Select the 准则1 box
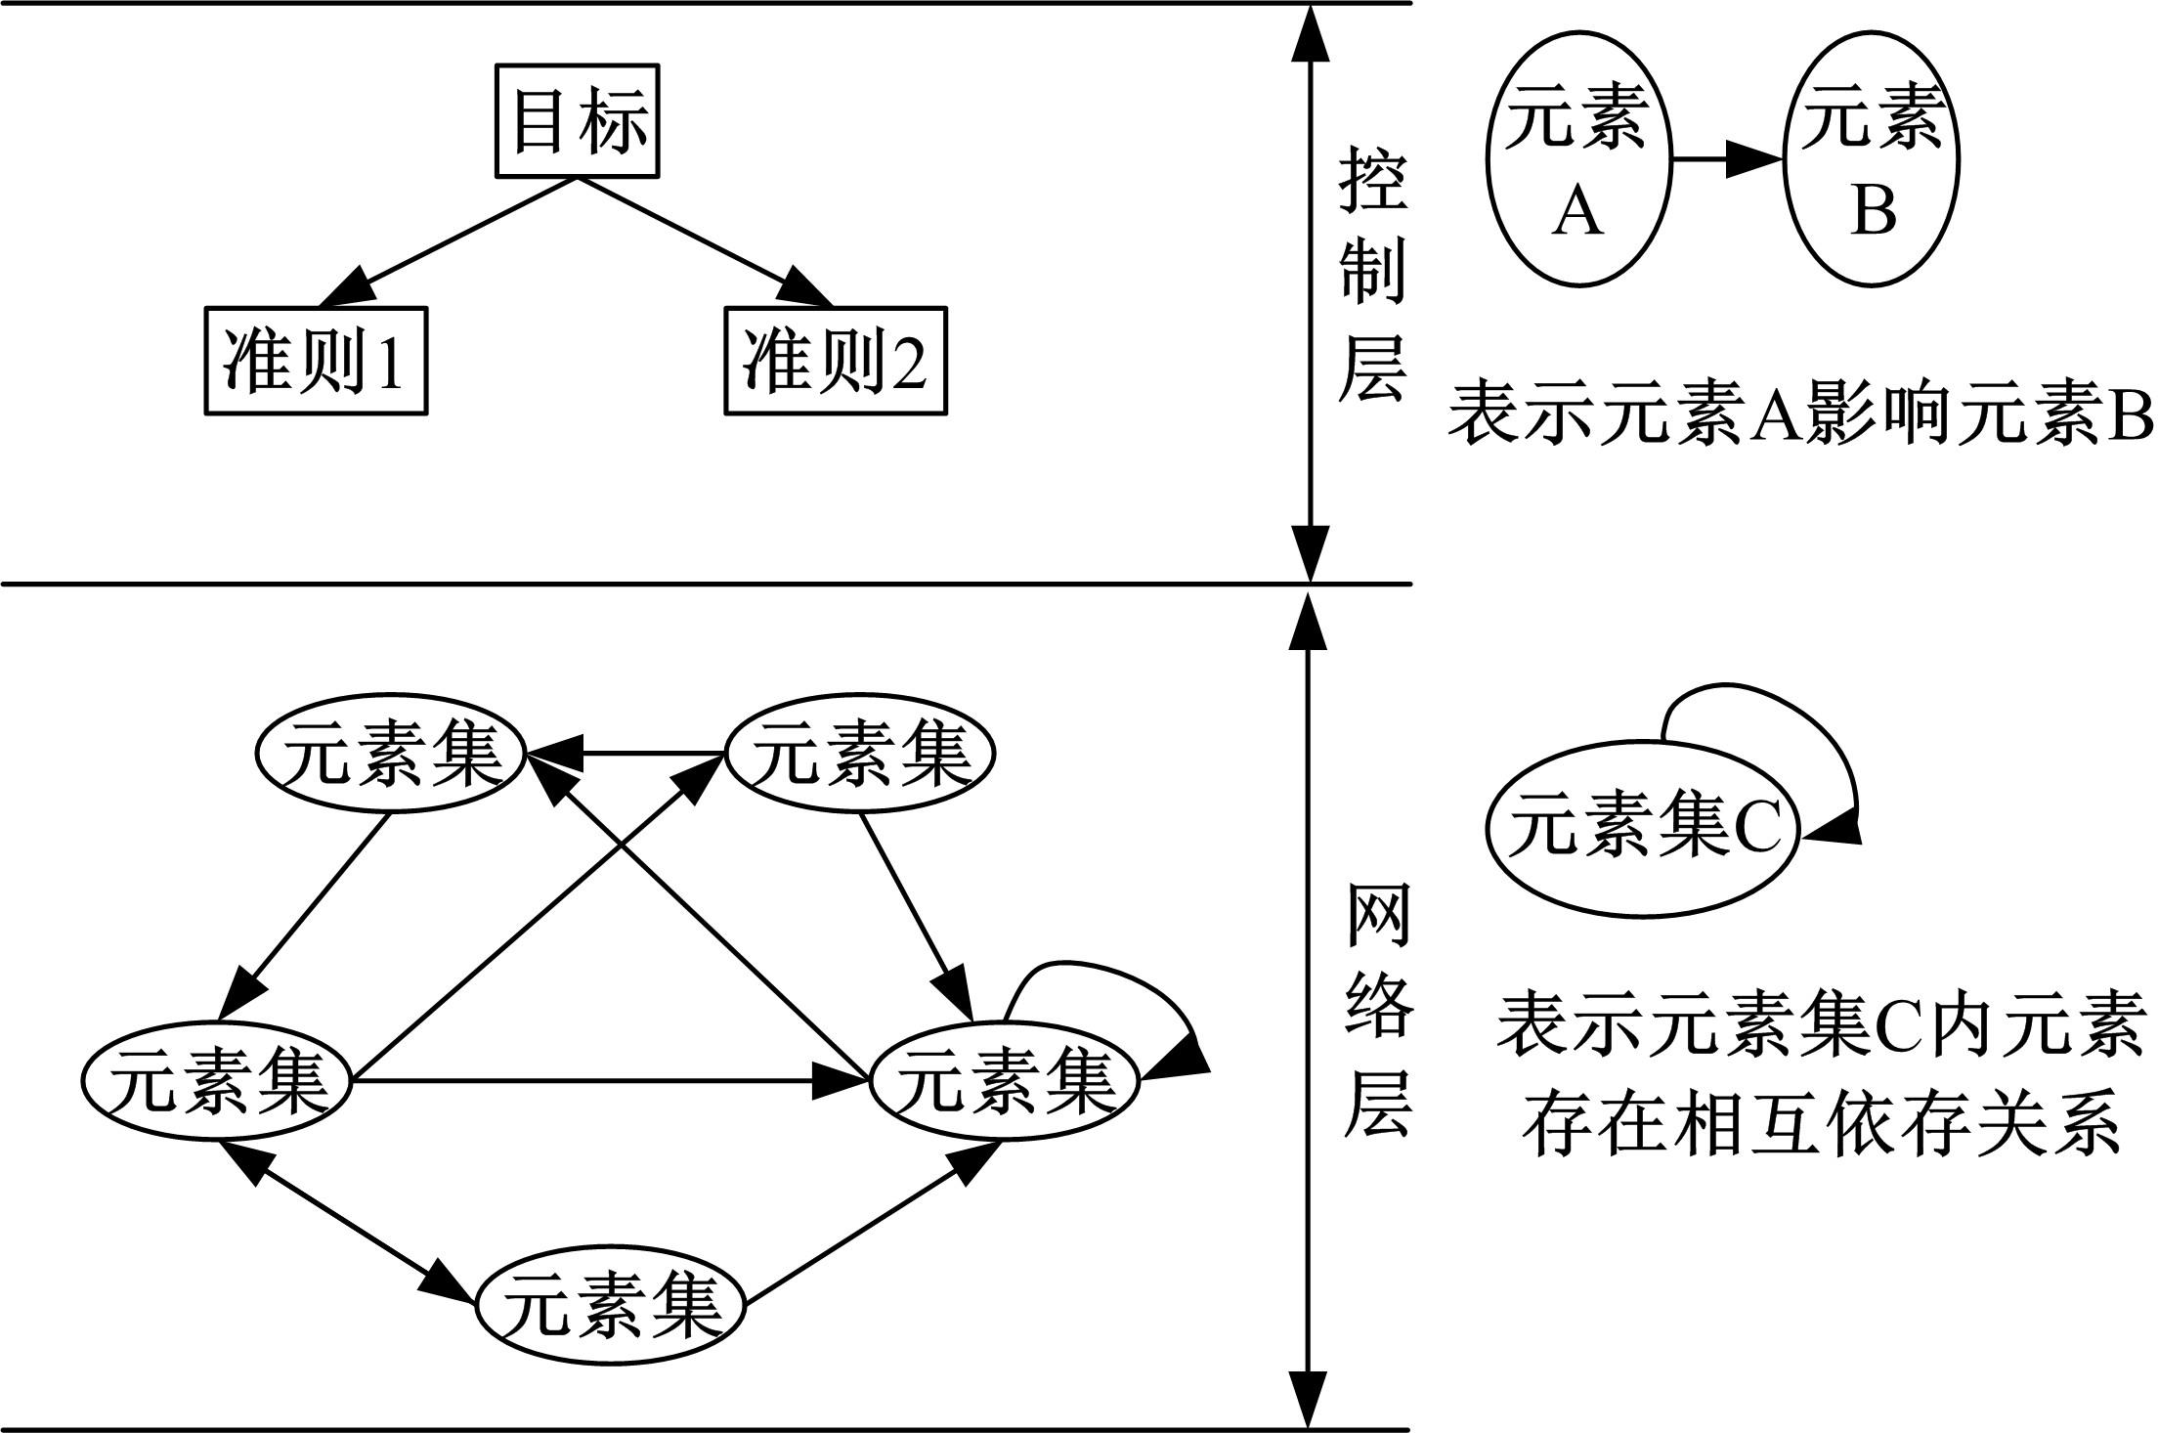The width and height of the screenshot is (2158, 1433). (316, 361)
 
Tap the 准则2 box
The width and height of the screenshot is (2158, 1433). (836, 361)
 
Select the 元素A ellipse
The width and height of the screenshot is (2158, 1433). (1577, 158)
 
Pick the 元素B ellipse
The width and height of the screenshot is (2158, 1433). (1872, 158)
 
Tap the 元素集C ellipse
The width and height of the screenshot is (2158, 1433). (1642, 831)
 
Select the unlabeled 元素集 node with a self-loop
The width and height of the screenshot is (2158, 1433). (1005, 1081)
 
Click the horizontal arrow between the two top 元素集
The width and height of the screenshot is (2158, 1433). (626, 754)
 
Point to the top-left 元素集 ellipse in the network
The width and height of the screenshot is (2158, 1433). (391, 754)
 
